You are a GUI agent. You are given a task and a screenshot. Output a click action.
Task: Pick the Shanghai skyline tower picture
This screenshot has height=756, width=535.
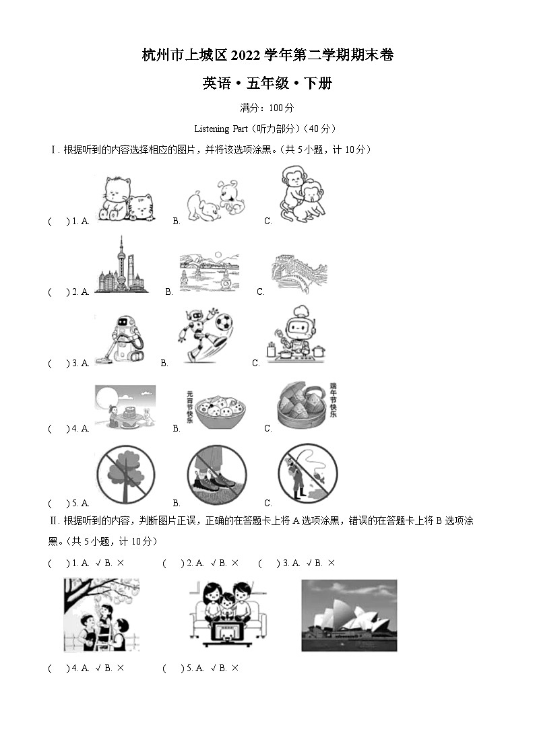(122, 266)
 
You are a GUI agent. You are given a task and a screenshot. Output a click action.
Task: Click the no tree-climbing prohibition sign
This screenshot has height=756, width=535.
(125, 475)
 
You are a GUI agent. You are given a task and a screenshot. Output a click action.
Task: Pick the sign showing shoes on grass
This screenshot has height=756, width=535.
(216, 475)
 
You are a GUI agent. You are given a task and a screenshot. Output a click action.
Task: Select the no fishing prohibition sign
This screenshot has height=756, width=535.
(307, 474)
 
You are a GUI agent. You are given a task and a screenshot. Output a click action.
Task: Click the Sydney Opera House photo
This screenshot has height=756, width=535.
(348, 615)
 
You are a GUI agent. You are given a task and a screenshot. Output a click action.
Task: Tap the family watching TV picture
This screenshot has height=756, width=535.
(229, 613)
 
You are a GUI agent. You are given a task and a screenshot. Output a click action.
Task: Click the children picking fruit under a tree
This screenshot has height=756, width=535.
(101, 615)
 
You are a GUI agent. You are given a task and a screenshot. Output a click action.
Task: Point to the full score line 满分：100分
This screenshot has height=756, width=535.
(267, 108)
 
